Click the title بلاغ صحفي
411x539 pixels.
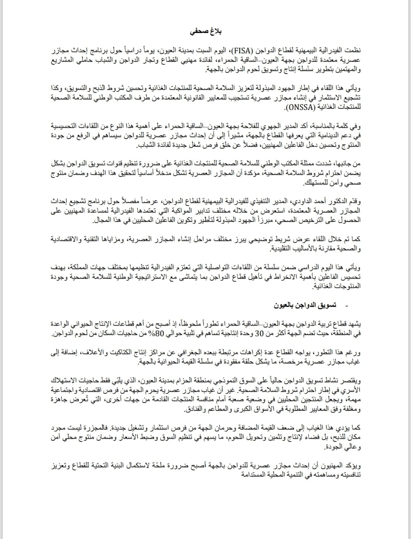coord(206,31)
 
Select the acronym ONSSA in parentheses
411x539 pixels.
coord(299,107)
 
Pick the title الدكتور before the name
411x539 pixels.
coord(334,201)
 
